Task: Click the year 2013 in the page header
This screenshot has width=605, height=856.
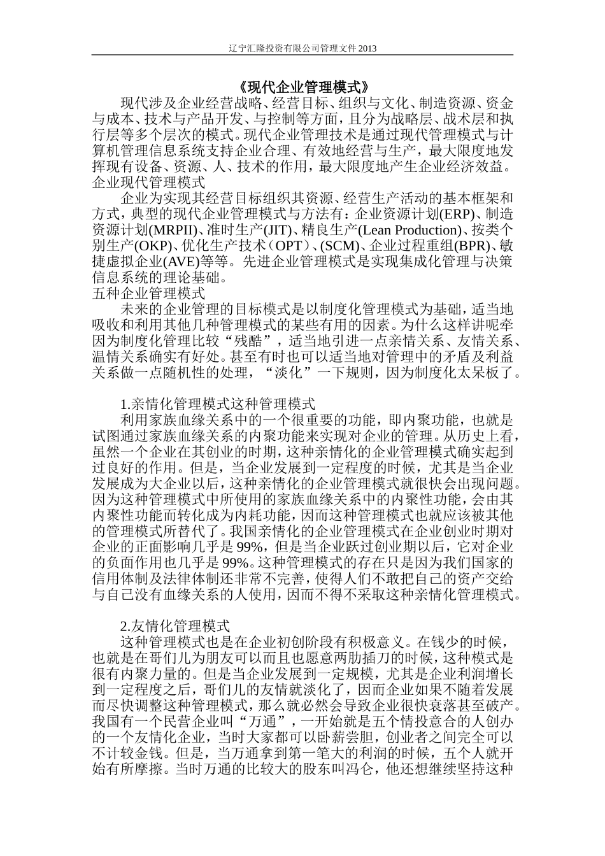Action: (x=367, y=48)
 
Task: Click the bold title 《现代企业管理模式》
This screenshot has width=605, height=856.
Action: (x=302, y=86)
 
